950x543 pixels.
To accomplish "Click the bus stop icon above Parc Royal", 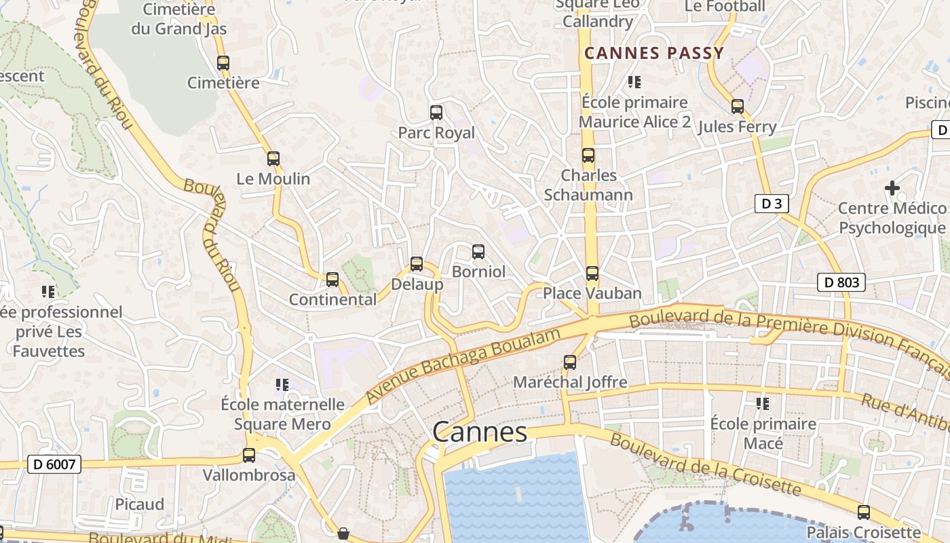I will click(x=436, y=113).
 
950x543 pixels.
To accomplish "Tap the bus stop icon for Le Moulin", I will click(x=273, y=159).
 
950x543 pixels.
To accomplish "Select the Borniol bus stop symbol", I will click(x=478, y=252).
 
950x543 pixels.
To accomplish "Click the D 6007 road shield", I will click(x=54, y=465).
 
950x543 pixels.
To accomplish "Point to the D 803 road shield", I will click(x=841, y=282).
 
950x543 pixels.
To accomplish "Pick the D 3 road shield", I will click(x=772, y=203).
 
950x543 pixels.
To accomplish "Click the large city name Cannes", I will click(x=480, y=432).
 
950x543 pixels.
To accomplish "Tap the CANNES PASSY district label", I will click(x=655, y=53).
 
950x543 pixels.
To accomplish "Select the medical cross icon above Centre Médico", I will click(x=892, y=187).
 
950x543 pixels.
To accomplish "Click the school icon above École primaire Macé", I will click(x=763, y=404).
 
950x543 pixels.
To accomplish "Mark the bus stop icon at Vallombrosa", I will click(x=249, y=455).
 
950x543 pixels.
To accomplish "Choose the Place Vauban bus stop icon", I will click(x=592, y=274).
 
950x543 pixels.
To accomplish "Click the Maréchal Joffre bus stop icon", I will click(x=570, y=362).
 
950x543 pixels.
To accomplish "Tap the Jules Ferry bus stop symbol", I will click(x=738, y=107).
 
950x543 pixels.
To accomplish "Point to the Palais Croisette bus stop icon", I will click(x=864, y=512).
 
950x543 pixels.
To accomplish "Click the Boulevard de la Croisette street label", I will click(x=705, y=464).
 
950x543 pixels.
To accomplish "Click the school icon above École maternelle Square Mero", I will click(x=283, y=386).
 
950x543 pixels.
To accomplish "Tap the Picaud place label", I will click(x=140, y=504).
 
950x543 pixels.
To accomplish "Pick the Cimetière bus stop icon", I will click(x=223, y=63).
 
